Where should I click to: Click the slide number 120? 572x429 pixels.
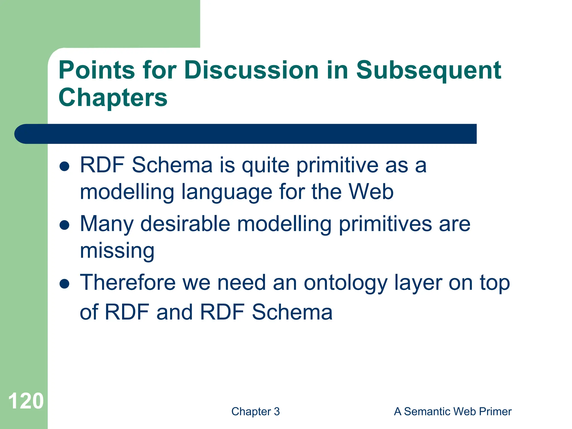pyautogui.click(x=26, y=401)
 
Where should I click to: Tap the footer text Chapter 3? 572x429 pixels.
pyautogui.click(x=255, y=411)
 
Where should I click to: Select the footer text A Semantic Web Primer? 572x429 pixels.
pyautogui.click(x=452, y=411)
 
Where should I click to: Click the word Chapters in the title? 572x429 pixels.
pyautogui.click(x=113, y=97)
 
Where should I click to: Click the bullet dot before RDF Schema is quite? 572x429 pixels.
pyautogui.click(x=65, y=166)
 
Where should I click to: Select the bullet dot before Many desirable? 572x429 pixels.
pyautogui.click(x=65, y=225)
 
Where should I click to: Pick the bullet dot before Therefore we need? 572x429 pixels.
pyautogui.click(x=65, y=284)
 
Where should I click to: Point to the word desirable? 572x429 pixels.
pyautogui.click(x=185, y=224)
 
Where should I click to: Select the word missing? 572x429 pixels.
pyautogui.click(x=117, y=251)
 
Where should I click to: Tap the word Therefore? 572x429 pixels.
pyautogui.click(x=128, y=283)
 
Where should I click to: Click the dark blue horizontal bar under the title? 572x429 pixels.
pyautogui.click(x=246, y=134)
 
